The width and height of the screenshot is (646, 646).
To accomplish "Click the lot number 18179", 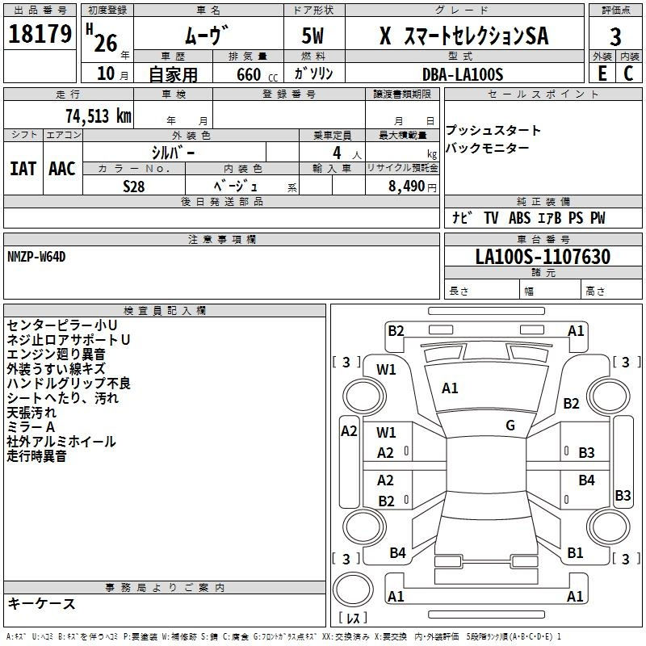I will pyautogui.click(x=39, y=35).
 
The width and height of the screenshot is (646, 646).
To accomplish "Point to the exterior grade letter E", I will pyautogui.click(x=602, y=73).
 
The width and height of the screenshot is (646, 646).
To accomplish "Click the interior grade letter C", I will pyautogui.click(x=628, y=73).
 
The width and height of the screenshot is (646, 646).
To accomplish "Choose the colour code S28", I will pyautogui.click(x=134, y=185).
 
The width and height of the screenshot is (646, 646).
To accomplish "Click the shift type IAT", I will pyautogui.click(x=23, y=169).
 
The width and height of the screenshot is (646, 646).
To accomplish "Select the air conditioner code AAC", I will pyautogui.click(x=62, y=169).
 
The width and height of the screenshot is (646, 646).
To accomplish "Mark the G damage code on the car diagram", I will pyautogui.click(x=510, y=425).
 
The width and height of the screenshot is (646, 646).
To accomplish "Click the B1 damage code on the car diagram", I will pyautogui.click(x=575, y=553).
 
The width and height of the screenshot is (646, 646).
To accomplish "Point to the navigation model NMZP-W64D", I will pyautogui.click(x=36, y=256).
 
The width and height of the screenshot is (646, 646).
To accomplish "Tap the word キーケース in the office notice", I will pyautogui.click(x=41, y=604).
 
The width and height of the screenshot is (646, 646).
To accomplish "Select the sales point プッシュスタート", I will pyautogui.click(x=493, y=131).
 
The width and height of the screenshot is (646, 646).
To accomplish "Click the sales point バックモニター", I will pyautogui.click(x=488, y=149).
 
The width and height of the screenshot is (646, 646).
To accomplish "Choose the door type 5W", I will pyautogui.click(x=314, y=36).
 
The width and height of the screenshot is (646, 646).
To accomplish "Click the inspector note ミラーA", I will pyautogui.click(x=31, y=426).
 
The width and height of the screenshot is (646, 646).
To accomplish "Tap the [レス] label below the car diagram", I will pyautogui.click(x=353, y=619).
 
